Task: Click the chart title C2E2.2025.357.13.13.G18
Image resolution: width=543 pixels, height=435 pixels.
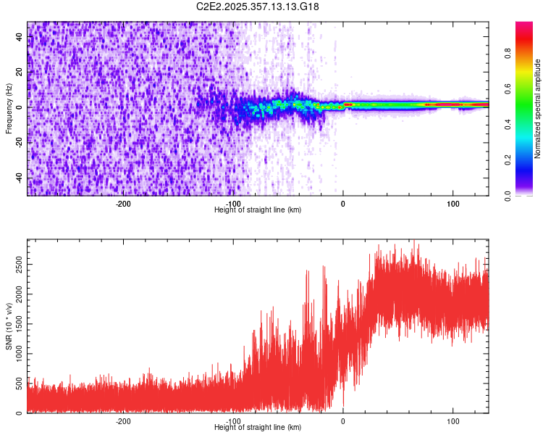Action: click(258, 7)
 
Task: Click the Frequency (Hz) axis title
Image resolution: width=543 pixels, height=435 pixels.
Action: click(9, 109)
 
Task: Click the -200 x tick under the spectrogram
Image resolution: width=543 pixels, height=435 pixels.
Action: click(123, 204)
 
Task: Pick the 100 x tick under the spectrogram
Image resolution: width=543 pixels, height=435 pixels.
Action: click(453, 204)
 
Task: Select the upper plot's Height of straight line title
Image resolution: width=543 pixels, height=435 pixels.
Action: click(258, 210)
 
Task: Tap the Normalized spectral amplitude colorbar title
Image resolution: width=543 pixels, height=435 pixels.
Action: click(538, 109)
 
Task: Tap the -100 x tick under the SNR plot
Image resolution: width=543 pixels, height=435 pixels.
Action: click(233, 421)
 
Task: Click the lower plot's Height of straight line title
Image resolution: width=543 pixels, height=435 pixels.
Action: click(258, 428)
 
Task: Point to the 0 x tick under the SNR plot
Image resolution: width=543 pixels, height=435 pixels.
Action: click(343, 421)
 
